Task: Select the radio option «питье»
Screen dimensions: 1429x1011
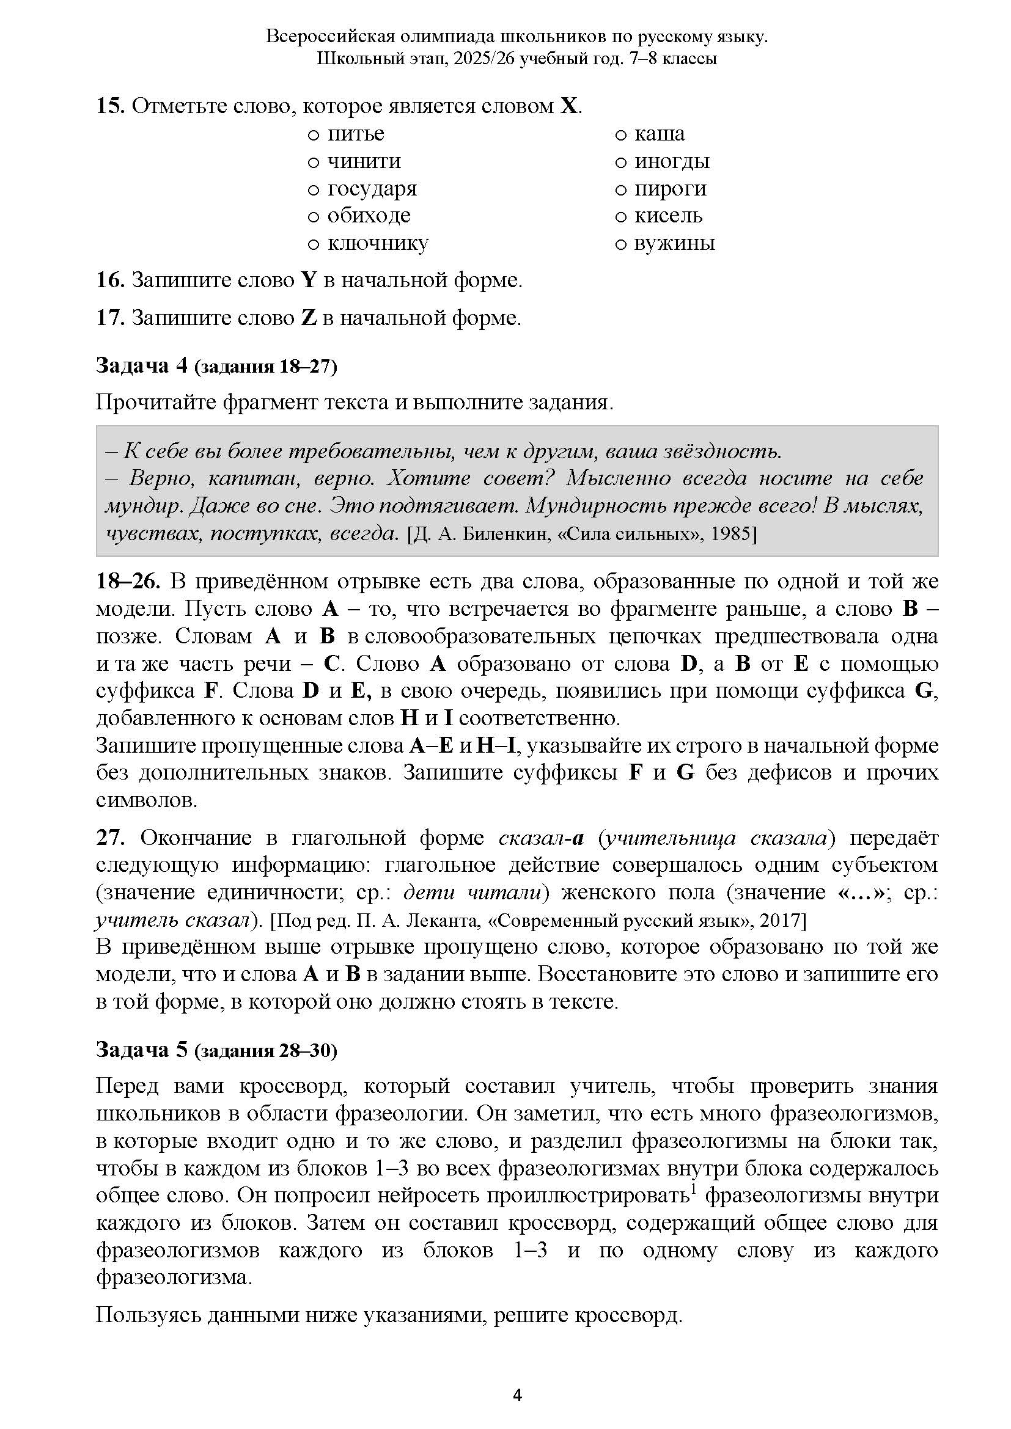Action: tap(314, 135)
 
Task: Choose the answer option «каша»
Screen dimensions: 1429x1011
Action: tap(620, 135)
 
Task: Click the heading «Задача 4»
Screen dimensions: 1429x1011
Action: tap(141, 365)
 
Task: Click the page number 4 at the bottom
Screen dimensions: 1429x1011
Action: tap(517, 1395)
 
